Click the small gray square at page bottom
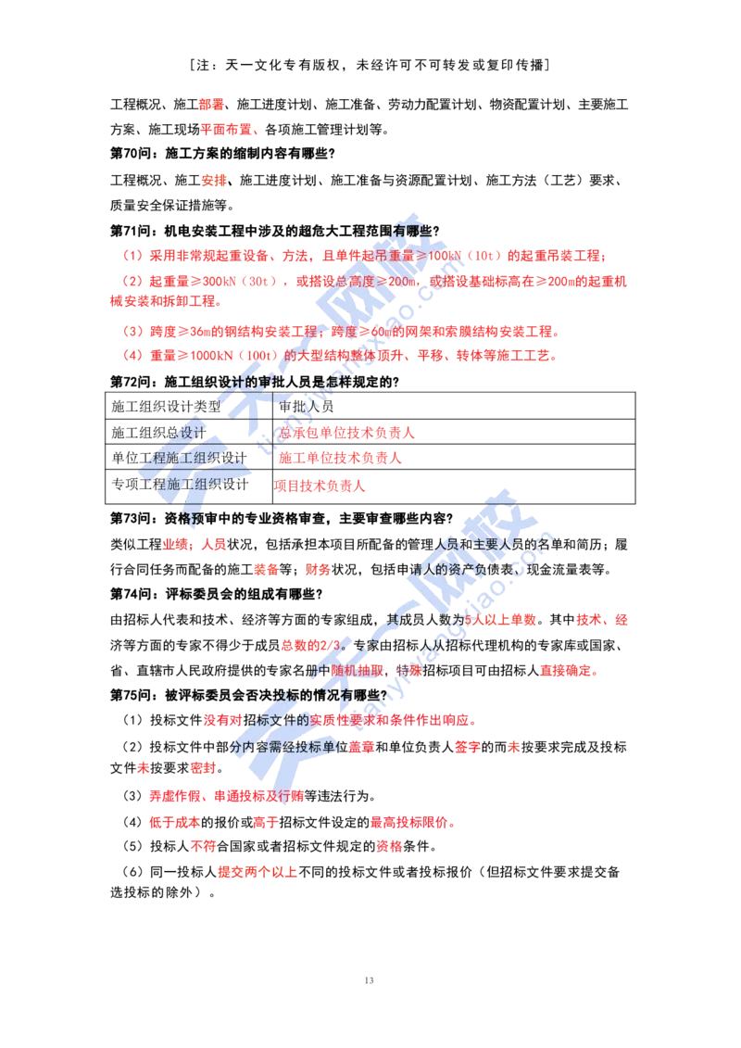370,978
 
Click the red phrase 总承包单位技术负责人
347,432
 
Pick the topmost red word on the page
211,105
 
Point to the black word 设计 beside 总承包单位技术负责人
190,433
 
